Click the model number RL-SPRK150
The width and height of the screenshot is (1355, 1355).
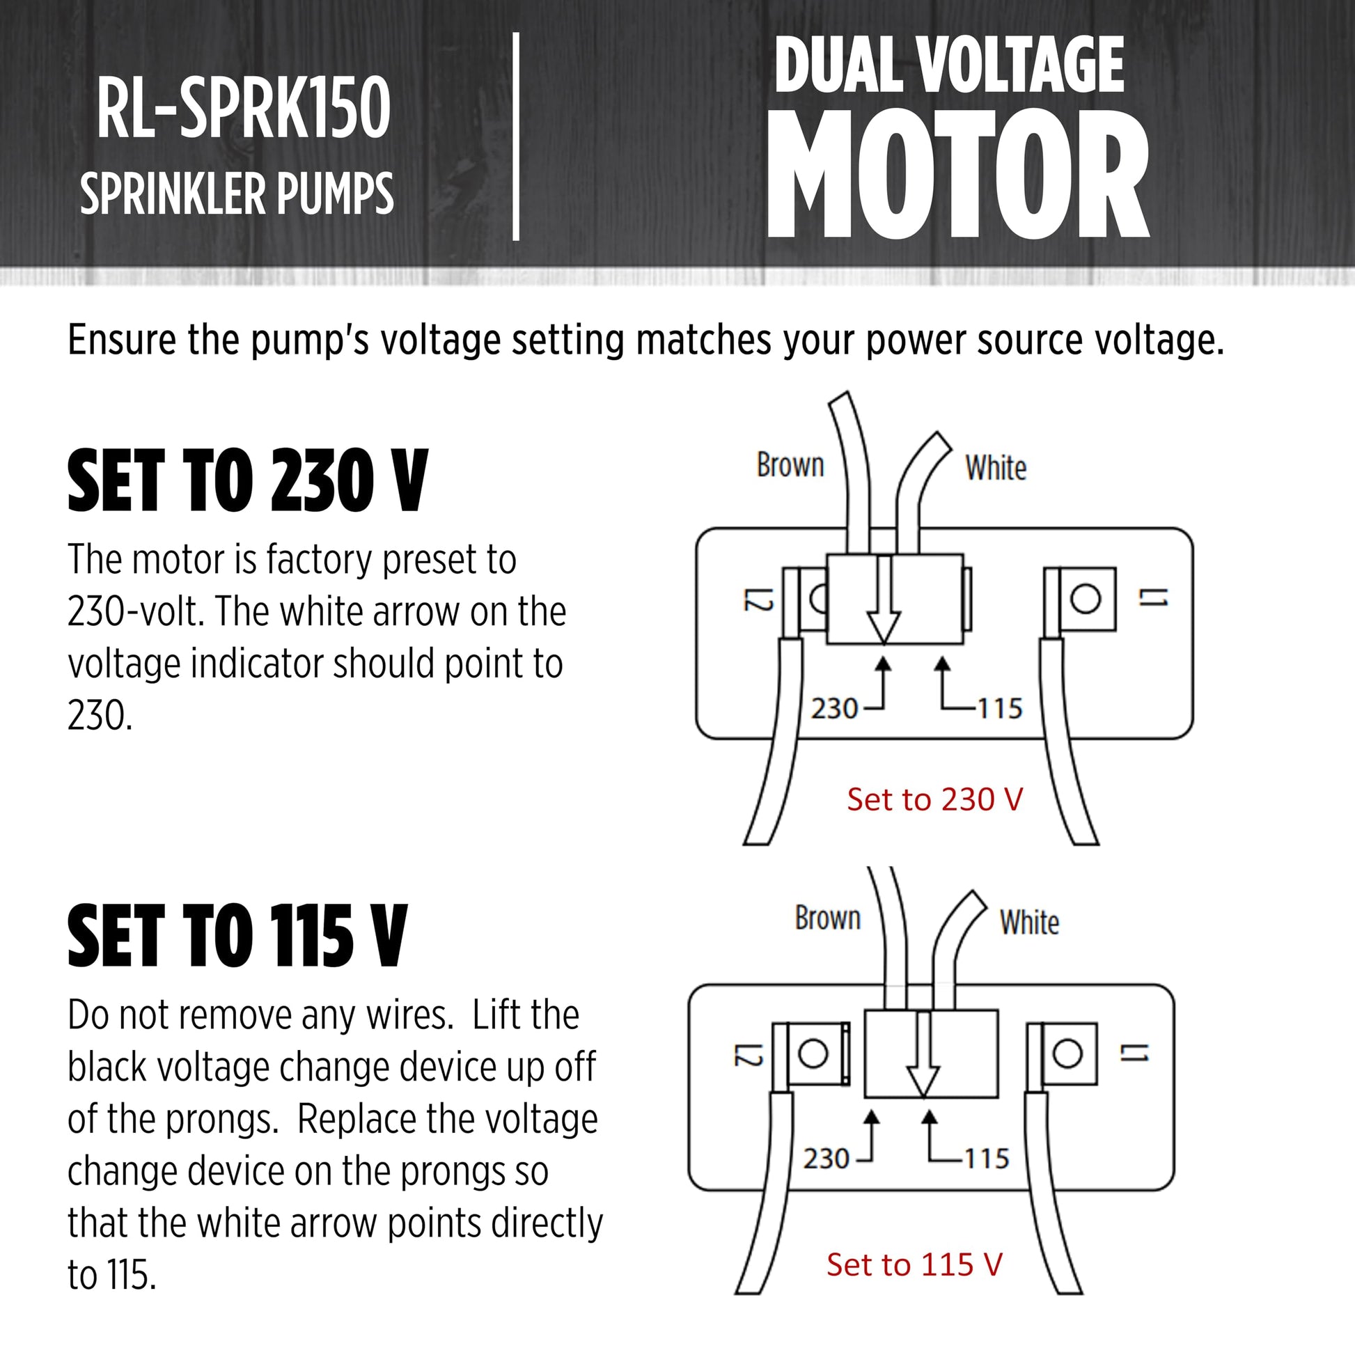(244, 108)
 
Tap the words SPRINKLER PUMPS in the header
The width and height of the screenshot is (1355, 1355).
(237, 194)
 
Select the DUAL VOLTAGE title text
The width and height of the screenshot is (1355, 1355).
(949, 65)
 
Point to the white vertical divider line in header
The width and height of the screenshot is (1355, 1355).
(516, 136)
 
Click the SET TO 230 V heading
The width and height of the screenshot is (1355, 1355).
(247, 481)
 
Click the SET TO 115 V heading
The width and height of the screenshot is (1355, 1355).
(237, 936)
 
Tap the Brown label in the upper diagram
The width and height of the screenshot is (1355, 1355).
(790, 465)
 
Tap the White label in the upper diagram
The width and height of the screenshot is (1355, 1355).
(995, 468)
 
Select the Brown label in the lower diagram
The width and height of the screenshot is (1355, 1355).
(828, 918)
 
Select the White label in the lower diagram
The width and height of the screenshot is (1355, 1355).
(1029, 923)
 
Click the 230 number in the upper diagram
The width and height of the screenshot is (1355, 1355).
(834, 709)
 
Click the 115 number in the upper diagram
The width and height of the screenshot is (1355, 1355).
(1000, 709)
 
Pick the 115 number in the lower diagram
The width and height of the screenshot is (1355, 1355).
(987, 1159)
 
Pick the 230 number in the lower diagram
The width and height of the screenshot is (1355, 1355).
(827, 1159)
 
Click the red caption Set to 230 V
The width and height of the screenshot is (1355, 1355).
(935, 799)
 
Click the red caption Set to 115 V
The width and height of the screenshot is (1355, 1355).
(914, 1264)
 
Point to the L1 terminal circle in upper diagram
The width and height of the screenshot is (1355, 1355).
(1086, 598)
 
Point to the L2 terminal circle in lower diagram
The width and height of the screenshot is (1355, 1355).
(813, 1054)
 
